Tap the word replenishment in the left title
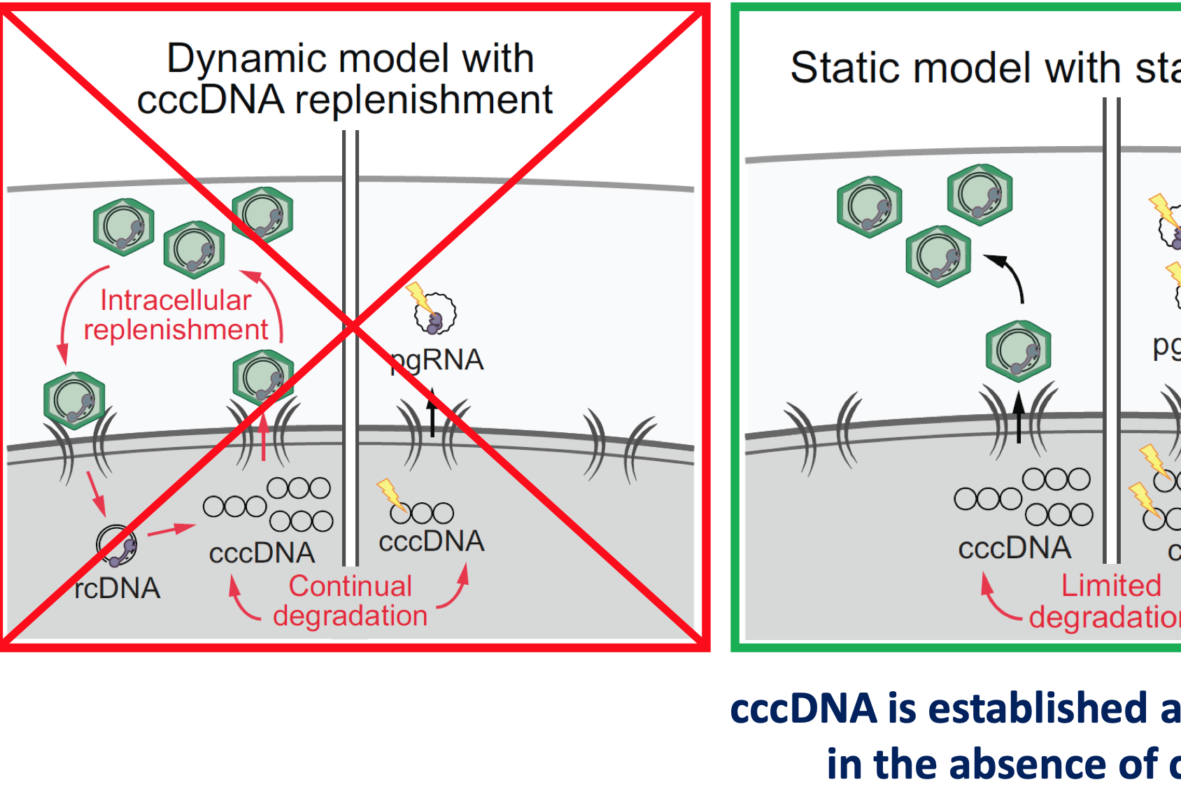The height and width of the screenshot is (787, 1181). pyautogui.click(x=423, y=100)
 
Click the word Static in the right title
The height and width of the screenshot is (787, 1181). pyautogui.click(x=842, y=68)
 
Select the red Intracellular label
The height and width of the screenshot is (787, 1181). pyautogui.click(x=176, y=300)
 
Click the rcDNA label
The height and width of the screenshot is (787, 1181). pyautogui.click(x=118, y=588)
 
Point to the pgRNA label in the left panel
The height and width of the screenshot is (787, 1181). pyautogui.click(x=437, y=360)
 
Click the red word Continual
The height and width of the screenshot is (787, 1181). pyautogui.click(x=351, y=586)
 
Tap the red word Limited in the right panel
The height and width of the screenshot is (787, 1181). pyautogui.click(x=1111, y=586)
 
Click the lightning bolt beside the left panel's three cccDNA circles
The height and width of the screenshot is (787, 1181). pyautogui.click(x=390, y=494)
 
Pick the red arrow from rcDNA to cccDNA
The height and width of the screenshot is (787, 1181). pyautogui.click(x=171, y=530)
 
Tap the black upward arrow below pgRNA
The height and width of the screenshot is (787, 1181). pyautogui.click(x=432, y=413)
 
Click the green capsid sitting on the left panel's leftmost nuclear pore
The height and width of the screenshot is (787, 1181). pyautogui.click(x=74, y=400)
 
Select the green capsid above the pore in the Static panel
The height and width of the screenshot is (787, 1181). pyautogui.click(x=1018, y=350)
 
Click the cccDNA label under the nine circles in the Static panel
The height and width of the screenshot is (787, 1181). pyautogui.click(x=1014, y=548)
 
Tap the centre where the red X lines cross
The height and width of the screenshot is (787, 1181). pyautogui.click(x=353, y=326)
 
